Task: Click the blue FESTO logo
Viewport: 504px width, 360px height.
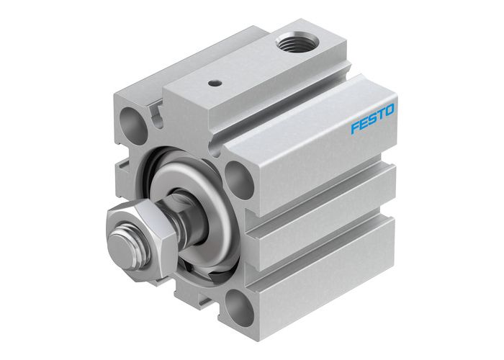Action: point(372,120)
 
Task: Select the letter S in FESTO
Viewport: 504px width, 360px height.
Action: point(373,120)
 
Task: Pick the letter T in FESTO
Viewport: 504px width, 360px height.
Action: point(381,115)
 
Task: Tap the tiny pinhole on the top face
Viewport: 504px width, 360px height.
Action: point(214,84)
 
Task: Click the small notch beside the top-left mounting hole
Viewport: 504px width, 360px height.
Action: point(153,109)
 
